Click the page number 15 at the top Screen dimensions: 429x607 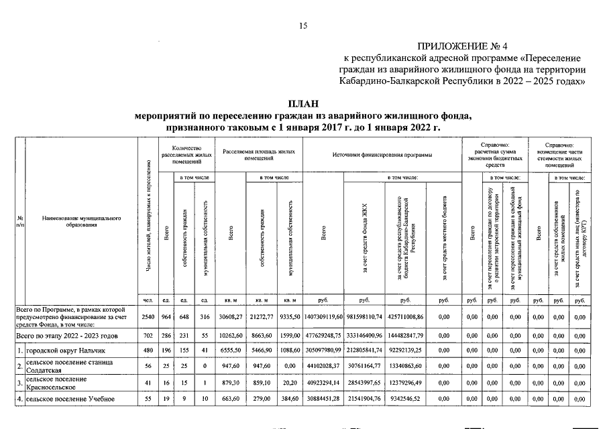point(303,25)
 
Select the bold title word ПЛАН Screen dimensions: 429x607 point(303,104)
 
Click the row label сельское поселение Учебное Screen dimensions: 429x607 point(66,400)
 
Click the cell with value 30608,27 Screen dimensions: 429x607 point(231,315)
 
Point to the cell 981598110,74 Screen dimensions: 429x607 point(364,315)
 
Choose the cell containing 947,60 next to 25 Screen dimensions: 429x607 point(231,367)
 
